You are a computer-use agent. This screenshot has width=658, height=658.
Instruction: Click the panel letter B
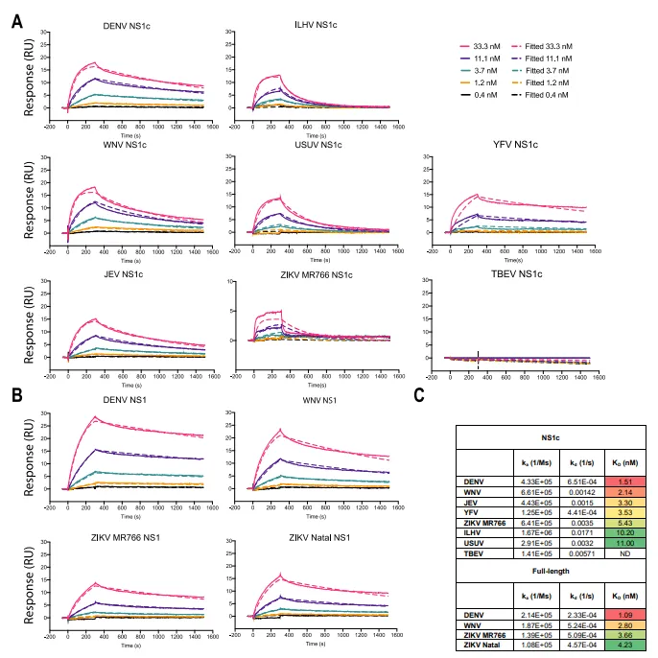tap(16, 392)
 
